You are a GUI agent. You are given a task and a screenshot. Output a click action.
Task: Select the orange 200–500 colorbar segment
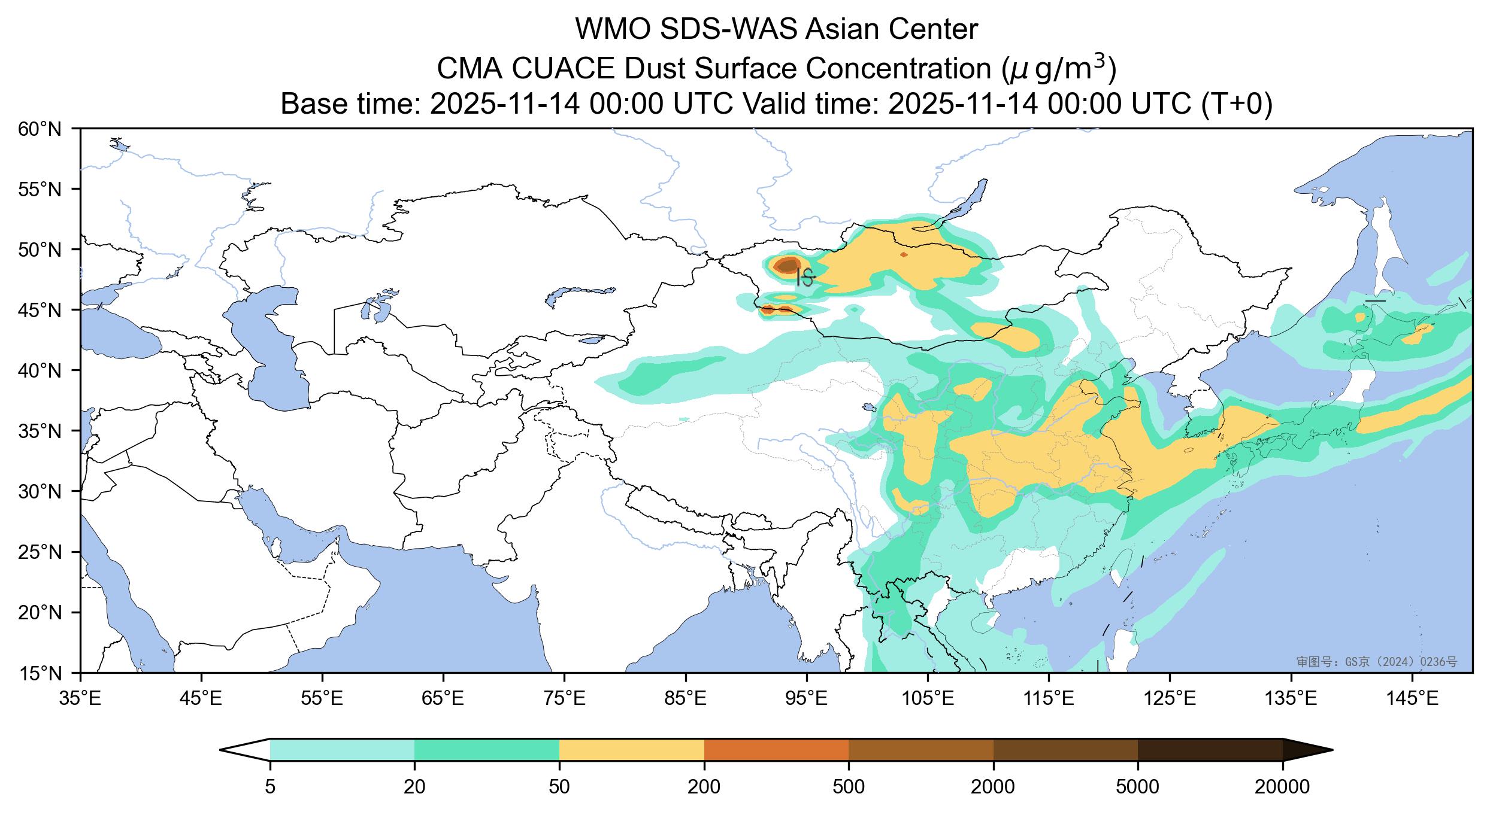[776, 750]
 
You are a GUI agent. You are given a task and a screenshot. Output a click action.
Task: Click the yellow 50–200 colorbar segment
[631, 750]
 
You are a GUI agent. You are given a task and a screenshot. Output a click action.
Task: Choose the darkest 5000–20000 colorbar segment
[1210, 750]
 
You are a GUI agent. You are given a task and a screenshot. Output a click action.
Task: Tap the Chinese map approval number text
[1376, 662]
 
